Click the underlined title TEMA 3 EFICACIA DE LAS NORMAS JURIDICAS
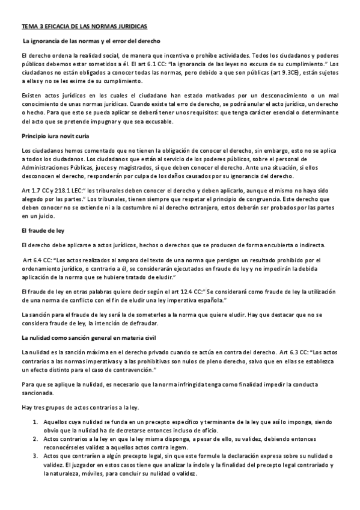coord(84,28)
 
